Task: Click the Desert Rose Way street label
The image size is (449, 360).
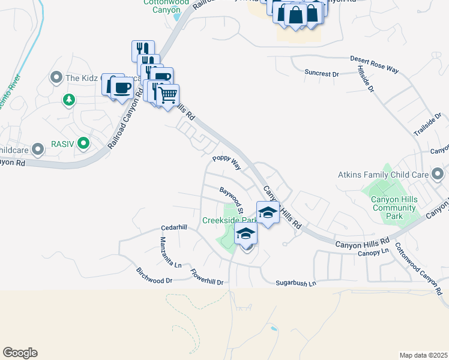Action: [x=376, y=65]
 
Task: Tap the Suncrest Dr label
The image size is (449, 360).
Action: [x=322, y=73]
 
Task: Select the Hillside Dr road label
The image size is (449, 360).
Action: [x=366, y=80]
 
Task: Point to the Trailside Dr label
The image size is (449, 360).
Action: [x=428, y=123]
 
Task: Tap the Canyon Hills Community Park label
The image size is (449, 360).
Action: [x=393, y=204]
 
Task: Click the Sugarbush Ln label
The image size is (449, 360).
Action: [x=295, y=283]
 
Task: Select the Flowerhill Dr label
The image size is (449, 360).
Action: [x=207, y=280]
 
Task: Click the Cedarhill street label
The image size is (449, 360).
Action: [x=174, y=228]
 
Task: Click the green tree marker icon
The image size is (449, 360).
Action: [x=68, y=99]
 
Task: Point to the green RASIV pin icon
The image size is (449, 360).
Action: [x=83, y=143]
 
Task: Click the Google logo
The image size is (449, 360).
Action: [x=20, y=353]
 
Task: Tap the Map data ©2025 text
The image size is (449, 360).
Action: [x=423, y=355]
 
